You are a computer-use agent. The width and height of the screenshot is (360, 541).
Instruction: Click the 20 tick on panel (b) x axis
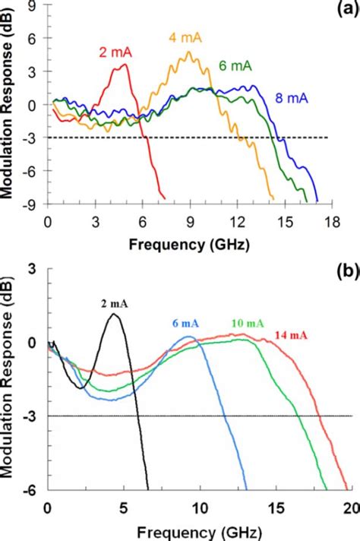tap(349, 507)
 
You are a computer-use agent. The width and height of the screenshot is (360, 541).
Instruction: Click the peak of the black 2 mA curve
tap(114, 314)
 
